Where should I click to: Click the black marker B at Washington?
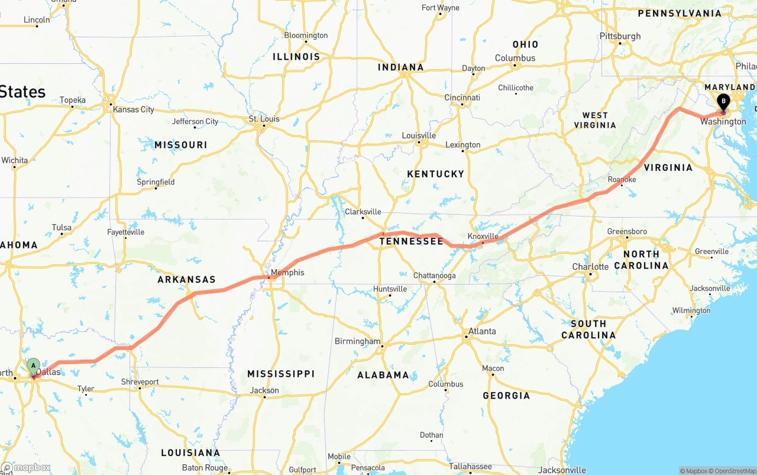[x=723, y=101]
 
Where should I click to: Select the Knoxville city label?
[x=483, y=237]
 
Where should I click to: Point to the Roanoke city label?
[x=622, y=179]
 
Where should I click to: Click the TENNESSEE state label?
[x=411, y=241]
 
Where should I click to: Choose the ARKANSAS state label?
[x=186, y=279]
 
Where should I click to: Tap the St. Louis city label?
[x=264, y=119]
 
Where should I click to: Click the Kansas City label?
[x=134, y=109]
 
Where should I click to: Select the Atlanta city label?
[x=482, y=331]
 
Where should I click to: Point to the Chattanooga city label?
[x=434, y=276]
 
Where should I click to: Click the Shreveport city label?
[x=140, y=382]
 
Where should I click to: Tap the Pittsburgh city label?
[x=620, y=36]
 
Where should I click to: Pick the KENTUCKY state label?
[x=435, y=174]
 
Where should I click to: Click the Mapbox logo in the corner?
[x=26, y=467]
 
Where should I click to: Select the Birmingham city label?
[x=357, y=341]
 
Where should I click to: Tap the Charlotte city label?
[x=590, y=267]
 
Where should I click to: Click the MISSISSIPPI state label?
[x=281, y=374]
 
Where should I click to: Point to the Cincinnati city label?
[x=462, y=98]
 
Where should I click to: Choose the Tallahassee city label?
[x=470, y=467]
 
